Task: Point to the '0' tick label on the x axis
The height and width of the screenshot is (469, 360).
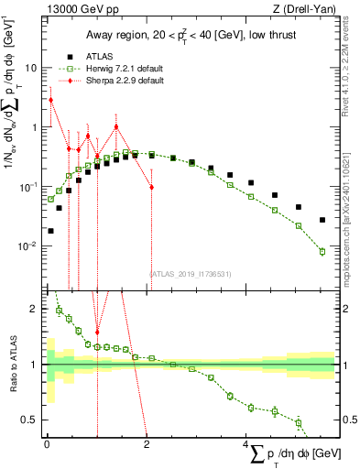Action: (x=47, y=443)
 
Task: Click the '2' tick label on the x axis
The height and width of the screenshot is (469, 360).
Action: (x=147, y=443)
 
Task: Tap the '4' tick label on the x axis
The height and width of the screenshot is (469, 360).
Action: (x=246, y=443)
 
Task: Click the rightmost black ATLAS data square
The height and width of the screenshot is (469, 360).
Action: (x=322, y=220)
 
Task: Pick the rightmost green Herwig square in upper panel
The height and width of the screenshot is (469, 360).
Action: (x=322, y=251)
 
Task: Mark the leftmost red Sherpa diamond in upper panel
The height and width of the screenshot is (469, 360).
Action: (x=51, y=100)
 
